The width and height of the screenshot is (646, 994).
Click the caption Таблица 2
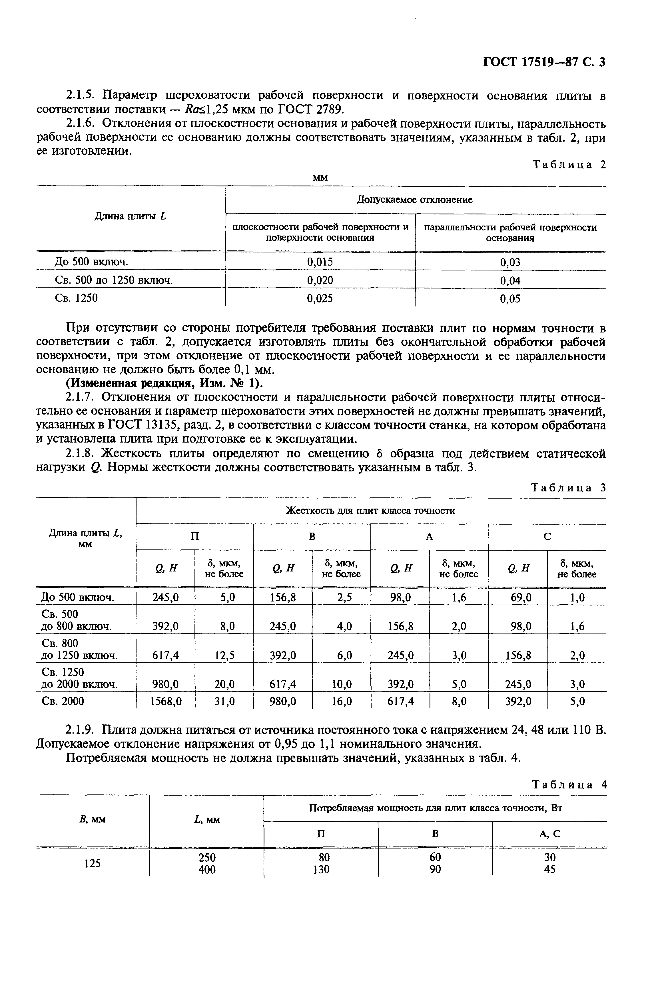[x=569, y=165]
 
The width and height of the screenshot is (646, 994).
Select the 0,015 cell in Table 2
[x=320, y=262]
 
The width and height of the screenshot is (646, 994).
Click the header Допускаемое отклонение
[x=414, y=200]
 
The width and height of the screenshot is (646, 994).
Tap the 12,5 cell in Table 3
[x=224, y=656]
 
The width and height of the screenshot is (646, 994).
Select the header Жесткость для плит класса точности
[x=370, y=510]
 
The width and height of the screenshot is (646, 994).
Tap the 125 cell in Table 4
[x=92, y=863]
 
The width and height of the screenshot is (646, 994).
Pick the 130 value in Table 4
[x=321, y=870]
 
